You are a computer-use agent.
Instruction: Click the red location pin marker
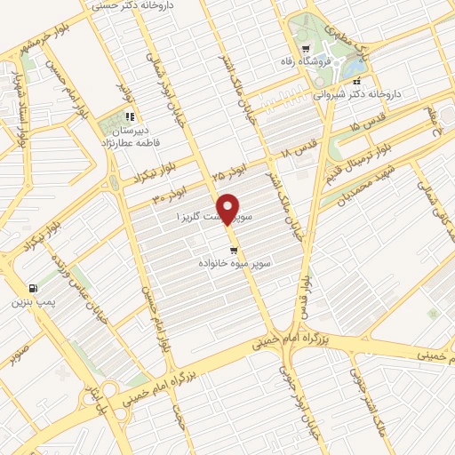229,208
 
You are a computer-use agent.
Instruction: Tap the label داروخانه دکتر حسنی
132,6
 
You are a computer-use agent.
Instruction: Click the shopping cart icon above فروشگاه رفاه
306,49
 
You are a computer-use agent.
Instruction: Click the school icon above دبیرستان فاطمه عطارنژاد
130,116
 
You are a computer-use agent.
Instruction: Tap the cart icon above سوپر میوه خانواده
234,251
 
